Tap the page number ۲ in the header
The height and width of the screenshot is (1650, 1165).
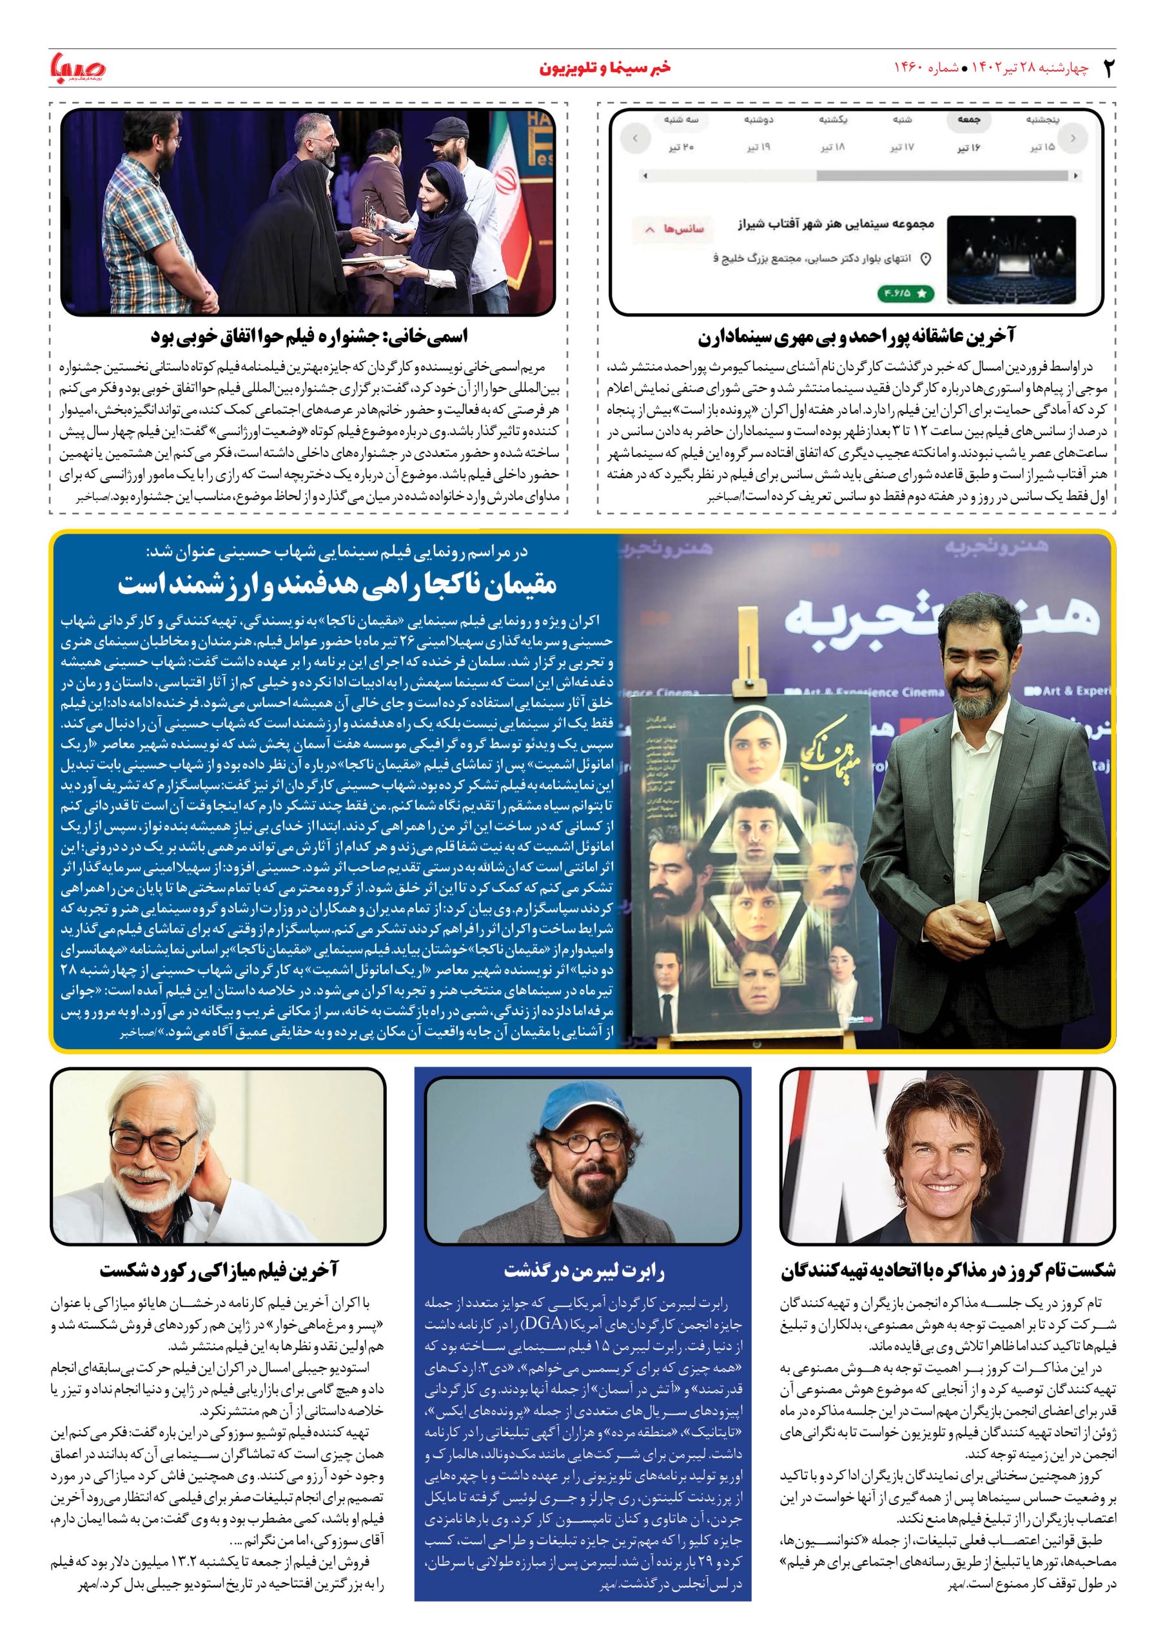point(1108,68)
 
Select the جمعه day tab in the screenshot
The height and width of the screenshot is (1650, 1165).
point(959,121)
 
